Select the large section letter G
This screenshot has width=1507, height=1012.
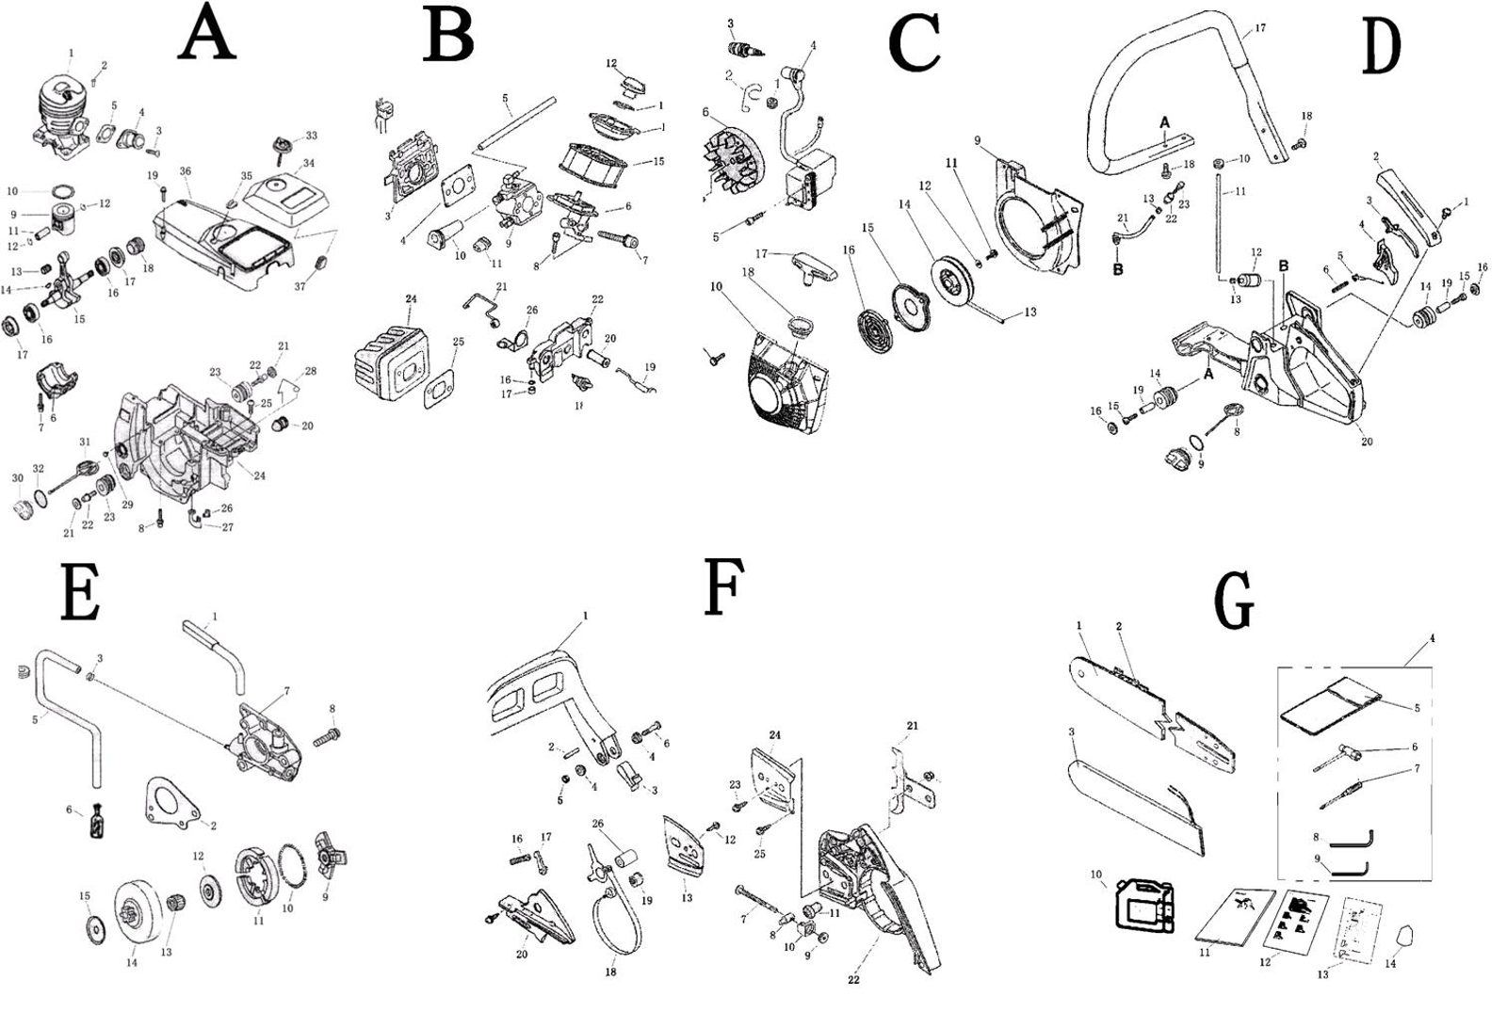point(1235,600)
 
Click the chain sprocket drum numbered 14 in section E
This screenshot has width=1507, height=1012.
point(136,912)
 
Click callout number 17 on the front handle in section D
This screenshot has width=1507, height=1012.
point(1259,28)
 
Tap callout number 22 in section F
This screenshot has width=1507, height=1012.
point(853,979)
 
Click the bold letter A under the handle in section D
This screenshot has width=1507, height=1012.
point(1164,122)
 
